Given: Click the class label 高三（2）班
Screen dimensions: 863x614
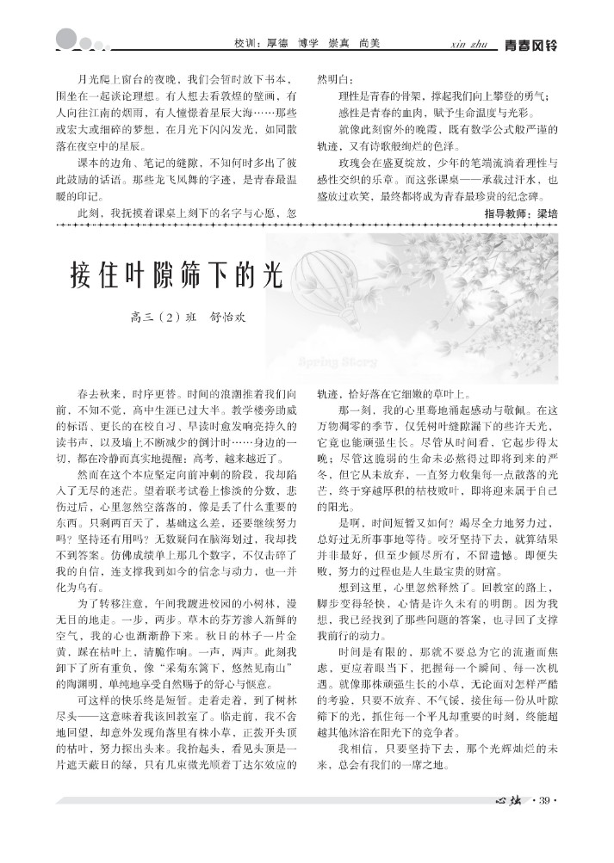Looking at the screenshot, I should pyautogui.click(x=164, y=317).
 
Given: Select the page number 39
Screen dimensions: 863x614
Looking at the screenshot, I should pyautogui.click(x=544, y=804).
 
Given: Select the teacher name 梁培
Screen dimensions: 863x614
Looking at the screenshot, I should pyautogui.click(x=548, y=212).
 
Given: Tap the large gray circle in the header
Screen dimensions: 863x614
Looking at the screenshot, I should pyautogui.click(x=66, y=39).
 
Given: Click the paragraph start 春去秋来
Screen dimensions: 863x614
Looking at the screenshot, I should pyautogui.click(x=96, y=390).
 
